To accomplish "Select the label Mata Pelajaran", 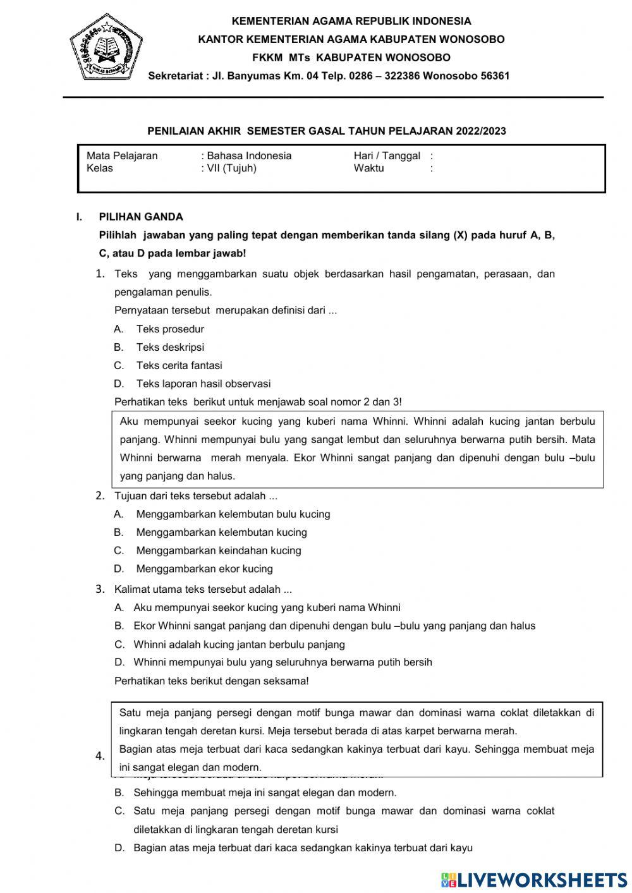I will click(x=122, y=156).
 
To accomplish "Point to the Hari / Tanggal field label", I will click(x=387, y=156).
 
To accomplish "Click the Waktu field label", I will click(x=368, y=168).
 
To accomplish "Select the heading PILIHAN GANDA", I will click(x=140, y=217).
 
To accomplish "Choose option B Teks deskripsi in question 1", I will click(x=169, y=347).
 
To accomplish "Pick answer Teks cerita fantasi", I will click(x=179, y=365).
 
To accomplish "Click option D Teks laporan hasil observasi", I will click(x=203, y=384).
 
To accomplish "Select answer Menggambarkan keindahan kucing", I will click(x=218, y=550).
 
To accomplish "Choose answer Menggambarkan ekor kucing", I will click(x=204, y=569).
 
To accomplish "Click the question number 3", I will click(x=100, y=589).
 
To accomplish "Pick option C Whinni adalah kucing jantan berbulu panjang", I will click(x=239, y=645).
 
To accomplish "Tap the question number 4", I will click(x=100, y=756).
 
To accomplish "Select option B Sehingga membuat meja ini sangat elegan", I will click(x=265, y=793).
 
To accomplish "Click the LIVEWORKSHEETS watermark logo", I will click(x=534, y=879).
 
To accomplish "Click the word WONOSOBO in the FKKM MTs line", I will click(x=419, y=58).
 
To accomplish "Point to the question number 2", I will click(x=100, y=495).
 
